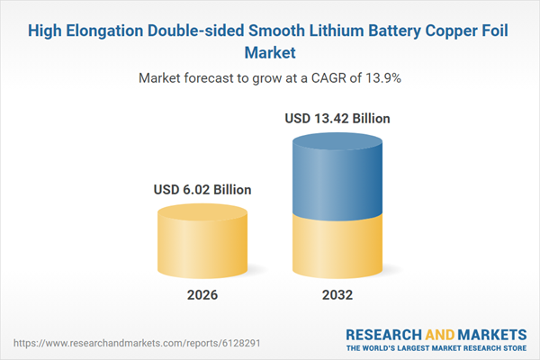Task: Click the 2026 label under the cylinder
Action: (x=202, y=295)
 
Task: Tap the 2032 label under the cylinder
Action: (x=337, y=295)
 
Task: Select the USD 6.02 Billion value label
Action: (x=202, y=190)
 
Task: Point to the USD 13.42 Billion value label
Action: (x=337, y=118)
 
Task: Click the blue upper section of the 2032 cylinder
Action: (x=337, y=175)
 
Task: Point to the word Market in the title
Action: (x=270, y=53)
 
